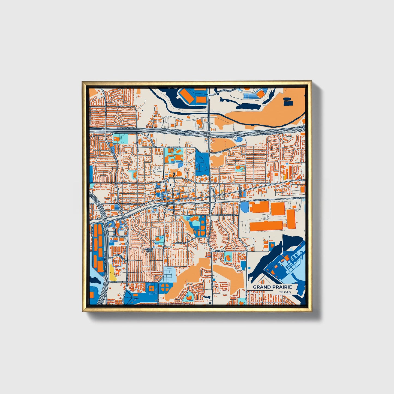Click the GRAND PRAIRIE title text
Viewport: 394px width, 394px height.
point(272,287)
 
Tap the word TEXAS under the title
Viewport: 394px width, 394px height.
point(285,292)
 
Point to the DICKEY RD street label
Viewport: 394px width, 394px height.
point(113,281)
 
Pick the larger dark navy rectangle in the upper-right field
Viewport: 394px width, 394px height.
point(288,103)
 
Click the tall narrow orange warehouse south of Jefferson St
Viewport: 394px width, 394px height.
point(291,219)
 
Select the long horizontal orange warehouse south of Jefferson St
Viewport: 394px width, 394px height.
point(266,226)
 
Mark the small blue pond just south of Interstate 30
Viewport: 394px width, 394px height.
point(239,139)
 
